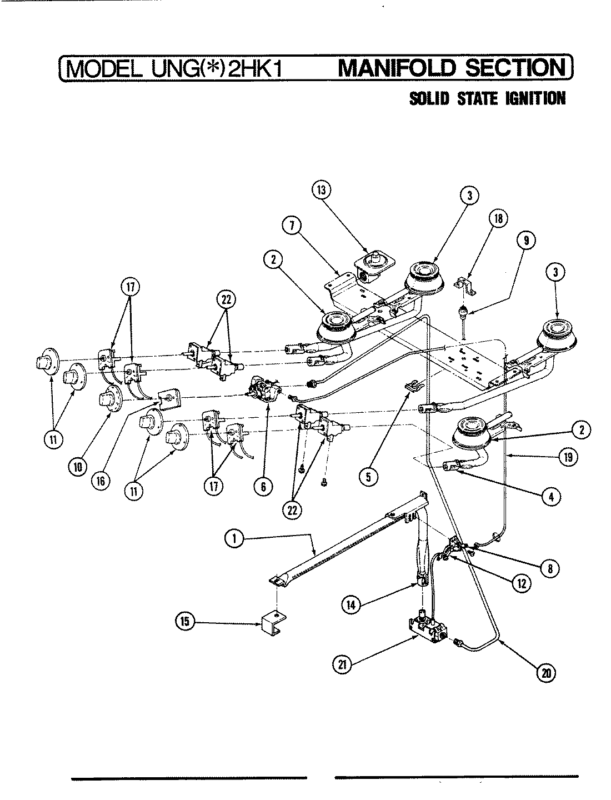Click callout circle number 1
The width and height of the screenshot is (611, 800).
(x=235, y=537)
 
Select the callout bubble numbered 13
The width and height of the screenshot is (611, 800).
(x=321, y=190)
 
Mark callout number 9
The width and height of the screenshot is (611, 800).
(x=526, y=240)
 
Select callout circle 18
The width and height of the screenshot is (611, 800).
(x=498, y=219)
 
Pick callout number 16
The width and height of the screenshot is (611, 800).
(x=101, y=482)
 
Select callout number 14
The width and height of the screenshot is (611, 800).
(x=350, y=606)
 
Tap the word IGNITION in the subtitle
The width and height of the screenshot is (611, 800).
(x=535, y=99)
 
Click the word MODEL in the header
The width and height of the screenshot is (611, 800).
(x=103, y=69)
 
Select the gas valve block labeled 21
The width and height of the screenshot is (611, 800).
(x=429, y=626)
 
